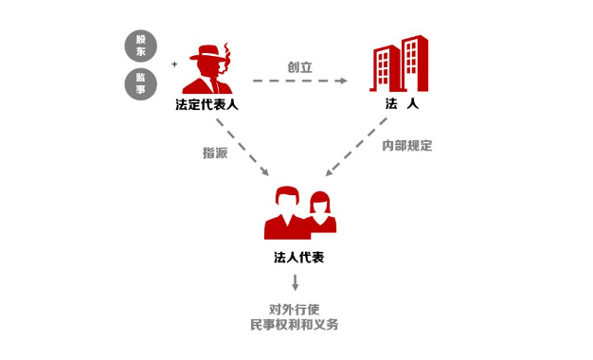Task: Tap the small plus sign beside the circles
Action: [174, 64]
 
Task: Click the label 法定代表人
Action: [207, 104]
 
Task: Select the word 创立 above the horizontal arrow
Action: [299, 67]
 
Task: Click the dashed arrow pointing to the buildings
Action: [299, 81]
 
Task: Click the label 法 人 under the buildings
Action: [401, 104]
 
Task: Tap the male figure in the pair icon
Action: [285, 214]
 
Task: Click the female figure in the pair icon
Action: [321, 211]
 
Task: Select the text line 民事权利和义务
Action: [295, 325]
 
